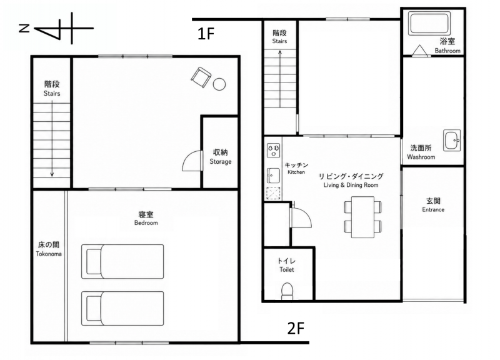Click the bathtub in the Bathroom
click(429, 23)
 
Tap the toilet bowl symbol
click(287, 291)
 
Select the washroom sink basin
click(452, 140)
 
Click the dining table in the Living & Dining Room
click(362, 217)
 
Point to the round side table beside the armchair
click(219, 84)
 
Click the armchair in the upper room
click(201, 77)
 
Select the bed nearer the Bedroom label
click(122, 261)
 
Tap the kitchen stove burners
click(274, 150)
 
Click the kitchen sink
click(273, 176)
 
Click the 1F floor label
click(206, 34)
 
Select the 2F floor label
click(296, 328)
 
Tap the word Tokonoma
click(49, 254)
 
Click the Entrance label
click(433, 209)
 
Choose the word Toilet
click(287, 269)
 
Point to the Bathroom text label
click(447, 51)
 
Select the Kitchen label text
click(296, 172)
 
